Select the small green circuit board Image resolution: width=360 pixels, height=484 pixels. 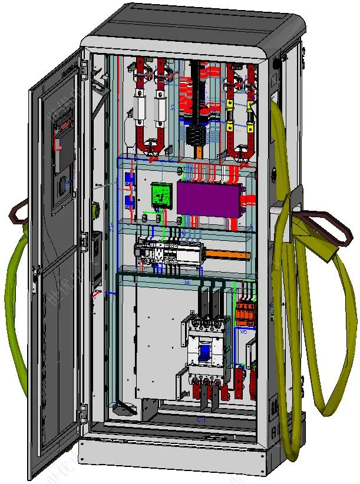pyautogui.click(x=160, y=194)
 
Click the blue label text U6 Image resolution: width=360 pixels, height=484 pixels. pyautogui.click(x=187, y=284)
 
